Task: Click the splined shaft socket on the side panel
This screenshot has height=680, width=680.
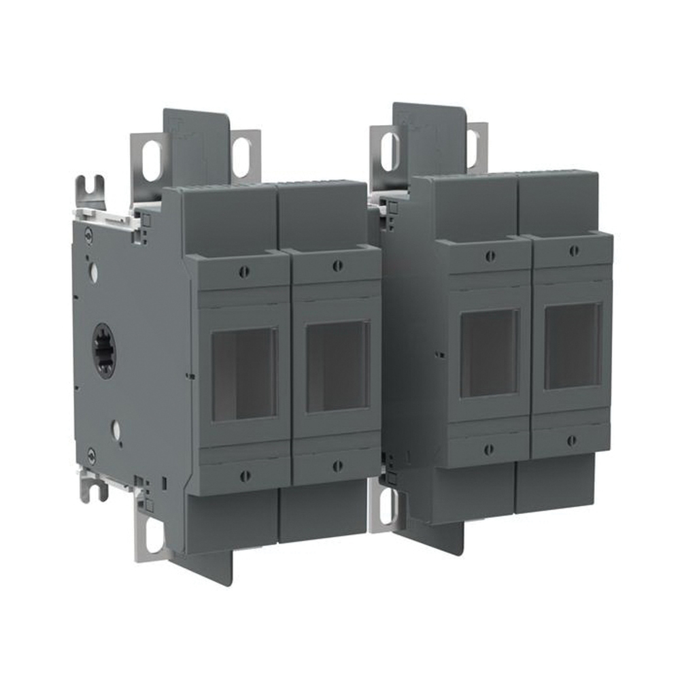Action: [105, 350]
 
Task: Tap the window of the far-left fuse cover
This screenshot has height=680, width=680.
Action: [244, 374]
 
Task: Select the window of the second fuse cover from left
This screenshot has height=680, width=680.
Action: [337, 367]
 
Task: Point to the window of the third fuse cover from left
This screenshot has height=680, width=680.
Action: [490, 353]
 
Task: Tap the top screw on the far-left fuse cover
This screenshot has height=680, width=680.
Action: [244, 272]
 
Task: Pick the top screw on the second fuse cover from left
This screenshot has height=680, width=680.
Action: [337, 266]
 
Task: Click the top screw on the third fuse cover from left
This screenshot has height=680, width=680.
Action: [490, 256]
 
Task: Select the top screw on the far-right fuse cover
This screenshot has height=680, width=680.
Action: [574, 251]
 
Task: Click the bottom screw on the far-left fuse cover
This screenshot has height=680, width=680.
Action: [245, 476]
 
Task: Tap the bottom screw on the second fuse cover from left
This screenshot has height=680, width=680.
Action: [337, 466]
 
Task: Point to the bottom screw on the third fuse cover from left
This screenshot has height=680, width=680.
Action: [489, 449]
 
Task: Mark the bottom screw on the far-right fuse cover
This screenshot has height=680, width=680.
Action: [571, 441]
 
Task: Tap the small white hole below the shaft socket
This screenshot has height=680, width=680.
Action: [116, 430]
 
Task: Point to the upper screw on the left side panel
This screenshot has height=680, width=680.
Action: [88, 234]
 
